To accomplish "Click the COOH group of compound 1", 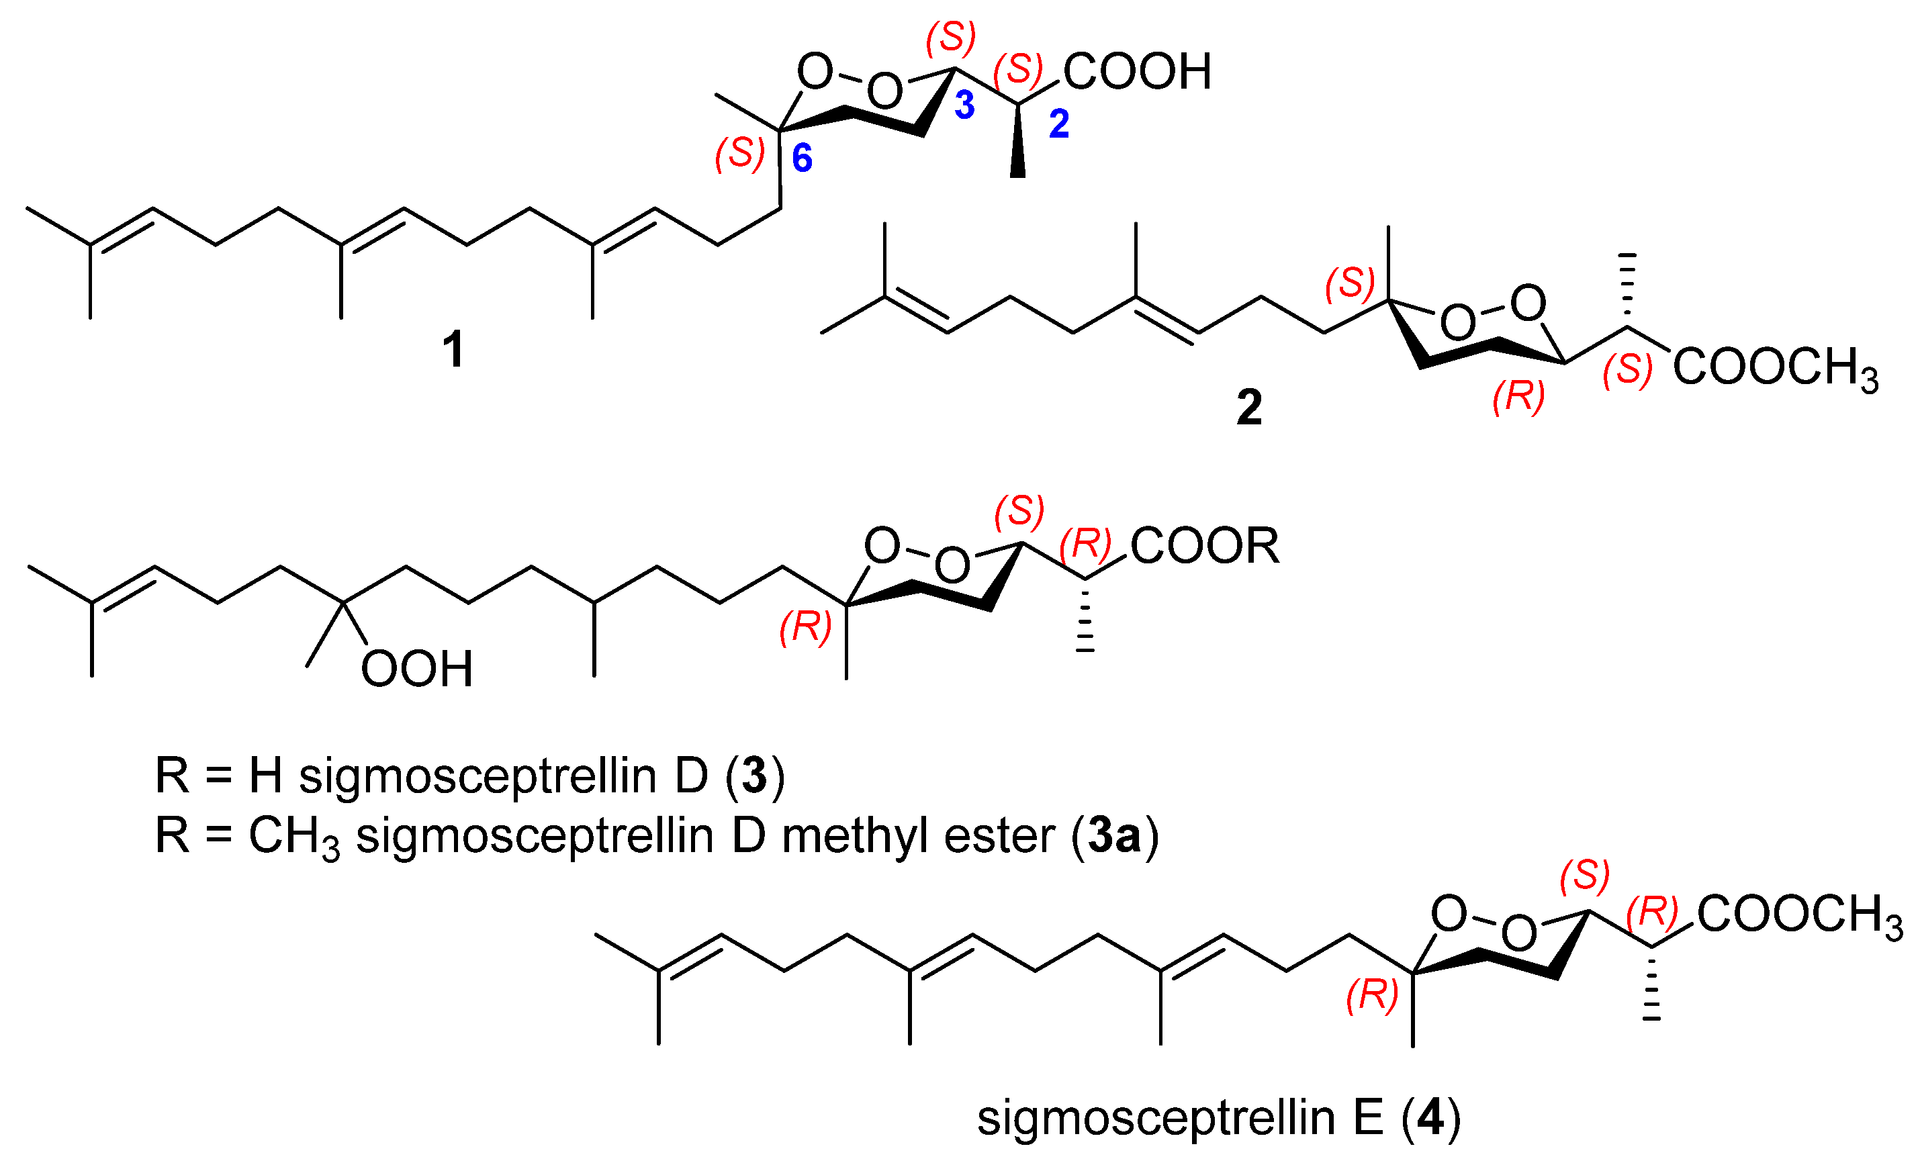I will pyautogui.click(x=1137, y=72).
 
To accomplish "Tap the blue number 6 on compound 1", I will pyautogui.click(x=802, y=158).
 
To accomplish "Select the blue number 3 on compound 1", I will pyautogui.click(x=964, y=105).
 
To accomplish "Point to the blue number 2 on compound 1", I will pyautogui.click(x=1059, y=124).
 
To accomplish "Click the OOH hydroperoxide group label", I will pyautogui.click(x=417, y=669).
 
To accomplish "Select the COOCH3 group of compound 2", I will pyautogui.click(x=1776, y=368).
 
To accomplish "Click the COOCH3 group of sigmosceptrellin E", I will pyautogui.click(x=1800, y=914).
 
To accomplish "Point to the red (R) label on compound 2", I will pyautogui.click(x=1518, y=396).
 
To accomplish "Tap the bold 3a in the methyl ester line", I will pyautogui.click(x=1115, y=836).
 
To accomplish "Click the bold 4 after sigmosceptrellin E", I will pyautogui.click(x=1430, y=1118).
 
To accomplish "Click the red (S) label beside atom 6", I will pyautogui.click(x=739, y=154).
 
